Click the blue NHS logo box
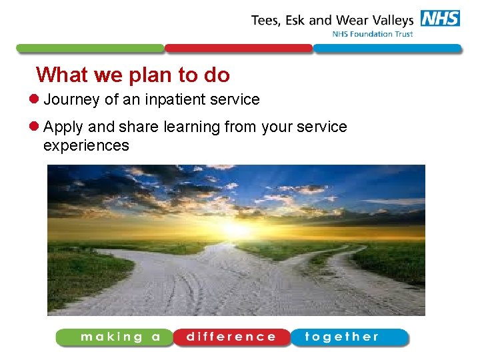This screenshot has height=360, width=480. click(x=440, y=19)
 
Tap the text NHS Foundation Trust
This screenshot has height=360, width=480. click(x=373, y=35)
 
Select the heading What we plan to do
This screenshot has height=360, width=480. click(x=133, y=75)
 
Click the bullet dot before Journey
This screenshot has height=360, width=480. click(x=36, y=100)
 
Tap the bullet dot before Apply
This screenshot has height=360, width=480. click(x=36, y=127)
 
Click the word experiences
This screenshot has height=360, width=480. click(x=86, y=145)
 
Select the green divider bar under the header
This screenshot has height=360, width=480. click(x=90, y=49)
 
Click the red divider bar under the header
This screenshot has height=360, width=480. click(x=238, y=49)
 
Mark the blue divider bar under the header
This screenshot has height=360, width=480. click(x=387, y=49)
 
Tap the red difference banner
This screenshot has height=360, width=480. click(x=231, y=337)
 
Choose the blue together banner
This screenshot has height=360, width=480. click(x=349, y=337)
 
